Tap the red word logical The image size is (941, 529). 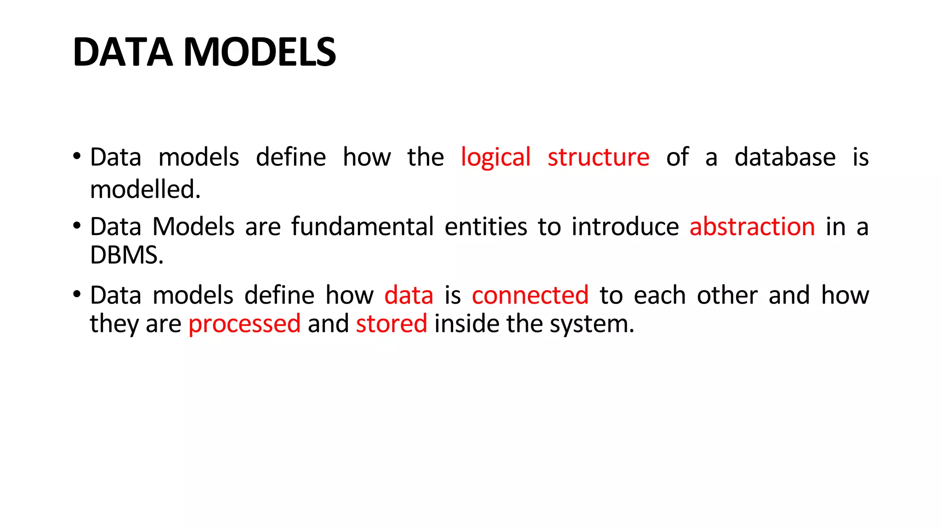[495, 158]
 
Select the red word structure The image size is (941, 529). [598, 158]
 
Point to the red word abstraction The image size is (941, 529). [752, 227]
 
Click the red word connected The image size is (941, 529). [530, 295]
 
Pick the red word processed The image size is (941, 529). [244, 324]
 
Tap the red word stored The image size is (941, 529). [391, 324]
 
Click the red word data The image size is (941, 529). [408, 295]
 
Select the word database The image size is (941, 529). [785, 158]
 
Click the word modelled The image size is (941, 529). [145, 190]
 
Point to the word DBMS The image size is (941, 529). [126, 255]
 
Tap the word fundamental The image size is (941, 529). [363, 227]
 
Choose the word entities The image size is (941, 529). [486, 227]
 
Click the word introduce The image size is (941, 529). [625, 227]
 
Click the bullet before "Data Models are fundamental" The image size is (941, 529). [77, 225]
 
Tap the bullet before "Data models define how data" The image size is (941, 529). [77, 294]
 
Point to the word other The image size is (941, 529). [727, 295]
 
